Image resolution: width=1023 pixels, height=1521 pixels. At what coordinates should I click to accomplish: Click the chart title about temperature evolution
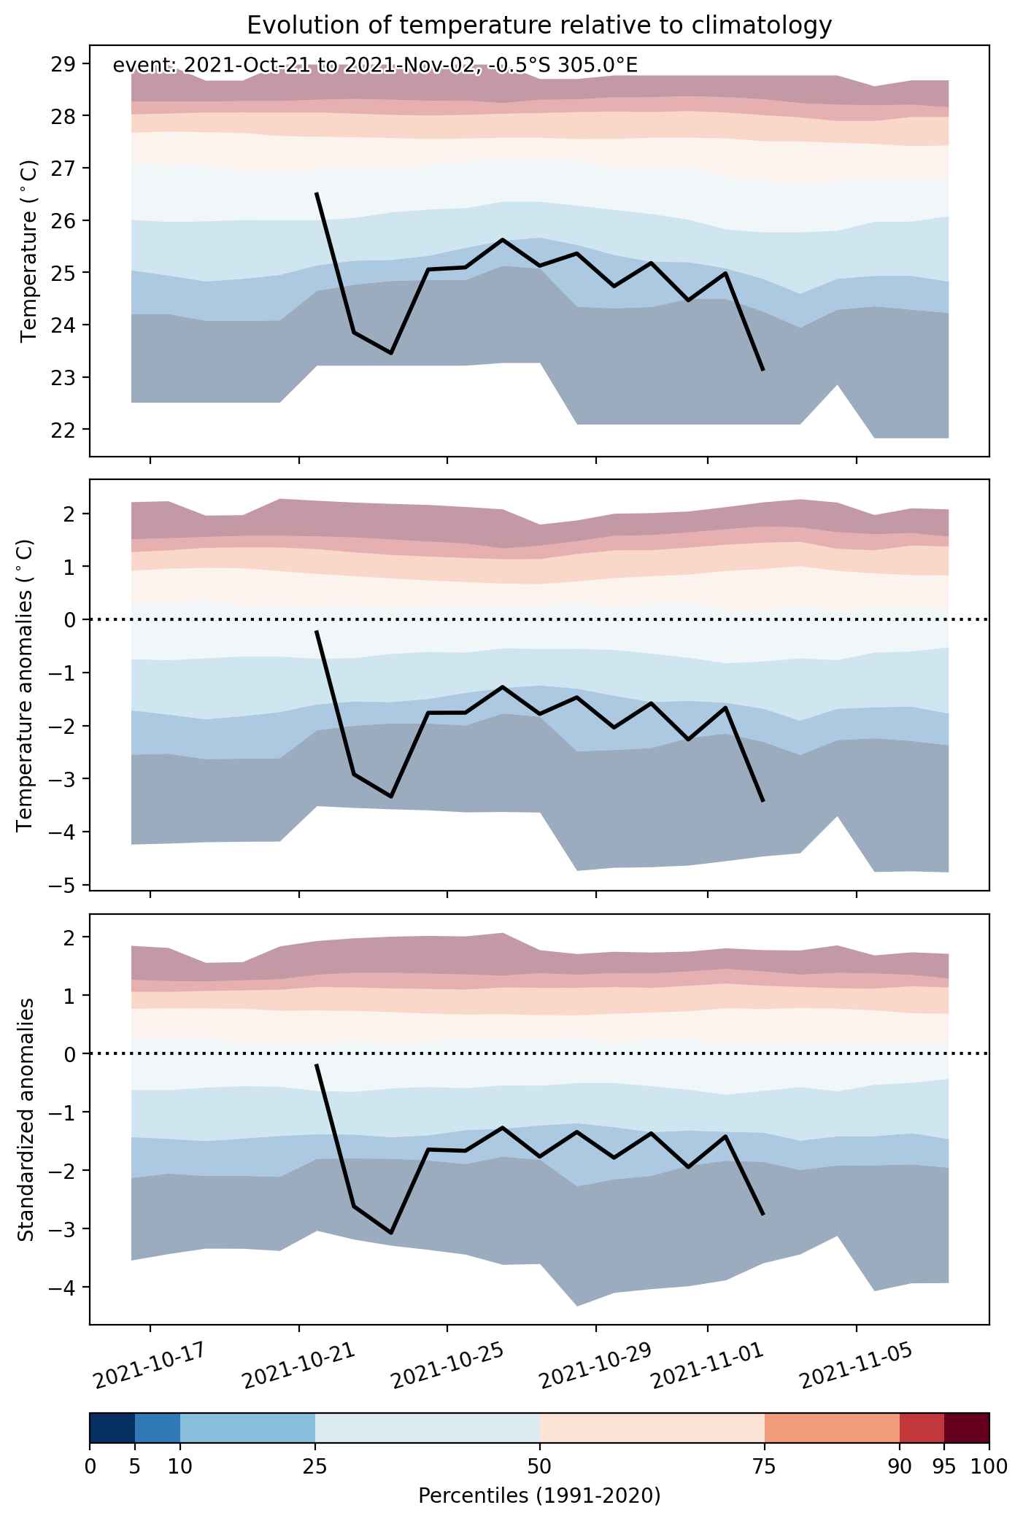[539, 26]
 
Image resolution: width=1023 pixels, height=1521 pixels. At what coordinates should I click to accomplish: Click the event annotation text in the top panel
[375, 66]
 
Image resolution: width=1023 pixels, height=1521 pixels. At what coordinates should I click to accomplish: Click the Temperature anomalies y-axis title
[25, 685]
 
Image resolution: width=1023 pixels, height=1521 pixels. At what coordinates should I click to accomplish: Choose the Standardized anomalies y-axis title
[25, 1119]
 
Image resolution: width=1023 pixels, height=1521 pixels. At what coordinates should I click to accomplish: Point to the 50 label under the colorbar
[539, 1466]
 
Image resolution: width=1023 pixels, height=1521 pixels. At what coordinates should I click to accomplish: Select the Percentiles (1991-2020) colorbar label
[539, 1496]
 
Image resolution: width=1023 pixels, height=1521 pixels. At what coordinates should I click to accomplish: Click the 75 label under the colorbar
[764, 1466]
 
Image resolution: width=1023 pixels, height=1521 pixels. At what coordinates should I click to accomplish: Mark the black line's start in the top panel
[316, 193]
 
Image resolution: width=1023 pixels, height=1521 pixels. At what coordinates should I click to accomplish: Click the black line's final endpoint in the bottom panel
[763, 1215]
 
